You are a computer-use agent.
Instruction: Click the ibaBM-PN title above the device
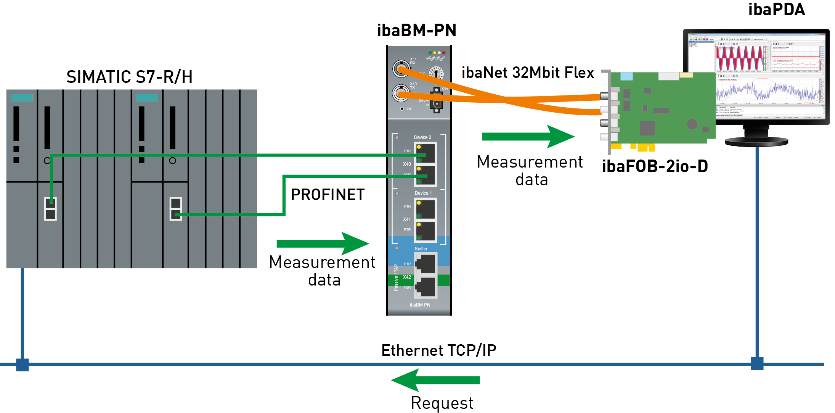(x=416, y=31)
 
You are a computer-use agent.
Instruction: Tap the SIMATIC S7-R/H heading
(x=129, y=77)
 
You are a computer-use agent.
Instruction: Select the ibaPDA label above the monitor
(x=776, y=10)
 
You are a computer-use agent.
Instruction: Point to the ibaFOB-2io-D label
(x=655, y=166)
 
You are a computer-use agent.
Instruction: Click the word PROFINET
(x=328, y=195)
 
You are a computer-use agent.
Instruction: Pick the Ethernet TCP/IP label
(x=438, y=350)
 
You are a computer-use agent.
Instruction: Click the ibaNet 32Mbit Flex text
(x=528, y=73)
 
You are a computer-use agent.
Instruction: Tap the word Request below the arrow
(x=442, y=403)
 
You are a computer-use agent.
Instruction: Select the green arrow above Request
(x=435, y=380)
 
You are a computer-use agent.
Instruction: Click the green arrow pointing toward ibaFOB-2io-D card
(x=528, y=137)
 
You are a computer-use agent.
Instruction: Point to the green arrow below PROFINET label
(x=322, y=244)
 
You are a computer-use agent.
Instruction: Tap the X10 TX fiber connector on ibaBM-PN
(x=400, y=93)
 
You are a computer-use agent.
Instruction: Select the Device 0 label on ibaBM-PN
(x=422, y=137)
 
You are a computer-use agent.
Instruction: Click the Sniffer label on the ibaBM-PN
(x=421, y=249)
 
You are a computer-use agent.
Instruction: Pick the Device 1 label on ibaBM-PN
(x=423, y=193)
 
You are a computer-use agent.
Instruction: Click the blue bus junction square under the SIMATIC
(x=22, y=365)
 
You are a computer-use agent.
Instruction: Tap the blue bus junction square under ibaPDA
(x=757, y=364)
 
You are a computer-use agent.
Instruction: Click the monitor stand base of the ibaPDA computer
(x=756, y=142)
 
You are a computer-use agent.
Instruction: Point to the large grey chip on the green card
(x=647, y=128)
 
